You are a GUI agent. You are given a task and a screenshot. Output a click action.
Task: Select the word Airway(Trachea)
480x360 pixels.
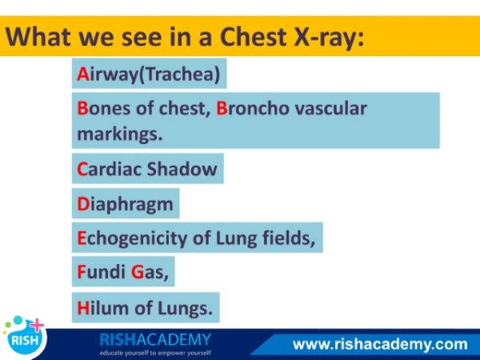[149, 74]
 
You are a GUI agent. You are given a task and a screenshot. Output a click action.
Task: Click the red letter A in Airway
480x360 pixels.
[82, 74]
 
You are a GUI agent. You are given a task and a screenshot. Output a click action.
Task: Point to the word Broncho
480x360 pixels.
[253, 108]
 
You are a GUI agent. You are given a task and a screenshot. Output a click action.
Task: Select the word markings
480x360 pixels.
[120, 134]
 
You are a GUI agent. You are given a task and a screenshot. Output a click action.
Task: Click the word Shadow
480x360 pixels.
[182, 169]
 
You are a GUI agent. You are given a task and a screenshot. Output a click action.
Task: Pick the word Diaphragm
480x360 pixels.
[125, 204]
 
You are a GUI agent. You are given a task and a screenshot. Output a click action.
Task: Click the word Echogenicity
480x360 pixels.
[132, 238]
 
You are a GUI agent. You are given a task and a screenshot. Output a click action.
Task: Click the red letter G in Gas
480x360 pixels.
[138, 272]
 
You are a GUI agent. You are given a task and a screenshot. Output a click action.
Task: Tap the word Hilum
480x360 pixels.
[102, 308]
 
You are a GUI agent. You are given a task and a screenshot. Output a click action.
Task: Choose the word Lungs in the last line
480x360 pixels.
[185, 308]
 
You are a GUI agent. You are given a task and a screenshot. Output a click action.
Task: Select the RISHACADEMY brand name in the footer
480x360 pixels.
[155, 340]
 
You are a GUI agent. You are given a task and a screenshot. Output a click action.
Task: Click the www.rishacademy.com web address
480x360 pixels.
[380, 344]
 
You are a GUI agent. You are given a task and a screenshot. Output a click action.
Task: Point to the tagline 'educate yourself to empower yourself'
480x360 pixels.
[155, 353]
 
